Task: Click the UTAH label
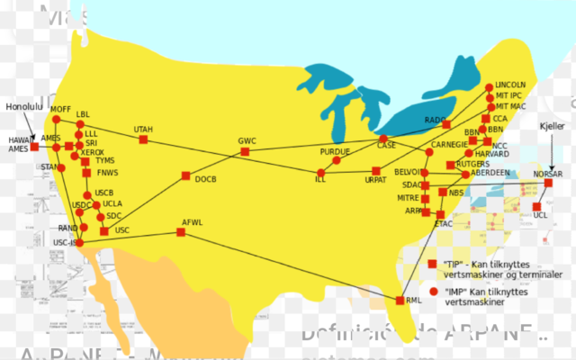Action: coord(143,130)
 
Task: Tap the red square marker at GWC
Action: coord(245,151)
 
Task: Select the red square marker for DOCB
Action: coord(185,175)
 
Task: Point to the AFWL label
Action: coord(193,221)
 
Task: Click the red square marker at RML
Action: coord(400,300)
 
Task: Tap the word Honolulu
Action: coord(24,106)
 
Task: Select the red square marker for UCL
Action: coord(537,206)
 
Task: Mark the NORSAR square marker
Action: coord(548,184)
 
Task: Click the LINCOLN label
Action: coord(510,85)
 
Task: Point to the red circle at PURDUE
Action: coord(336,163)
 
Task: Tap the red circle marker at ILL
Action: coord(319,172)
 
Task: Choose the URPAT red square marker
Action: coord(375,171)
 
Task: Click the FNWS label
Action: coord(107,173)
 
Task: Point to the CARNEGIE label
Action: coord(449,144)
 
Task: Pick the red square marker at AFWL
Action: coord(181,232)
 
